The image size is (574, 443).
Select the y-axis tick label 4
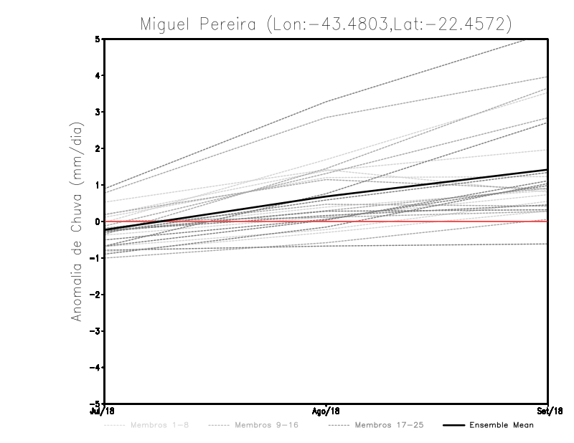click(98, 75)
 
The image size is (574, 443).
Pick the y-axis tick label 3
click(98, 112)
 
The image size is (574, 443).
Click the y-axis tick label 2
click(98, 148)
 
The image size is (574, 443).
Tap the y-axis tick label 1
click(98, 185)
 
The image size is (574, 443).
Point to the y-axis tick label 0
click(98, 221)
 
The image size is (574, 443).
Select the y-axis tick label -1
click(95, 258)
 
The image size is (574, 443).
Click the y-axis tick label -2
click(95, 295)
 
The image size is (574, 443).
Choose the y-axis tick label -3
click(95, 331)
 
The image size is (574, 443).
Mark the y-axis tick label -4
click(95, 368)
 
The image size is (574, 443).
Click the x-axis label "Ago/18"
click(326, 411)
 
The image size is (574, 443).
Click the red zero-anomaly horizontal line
click(430, 221)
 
